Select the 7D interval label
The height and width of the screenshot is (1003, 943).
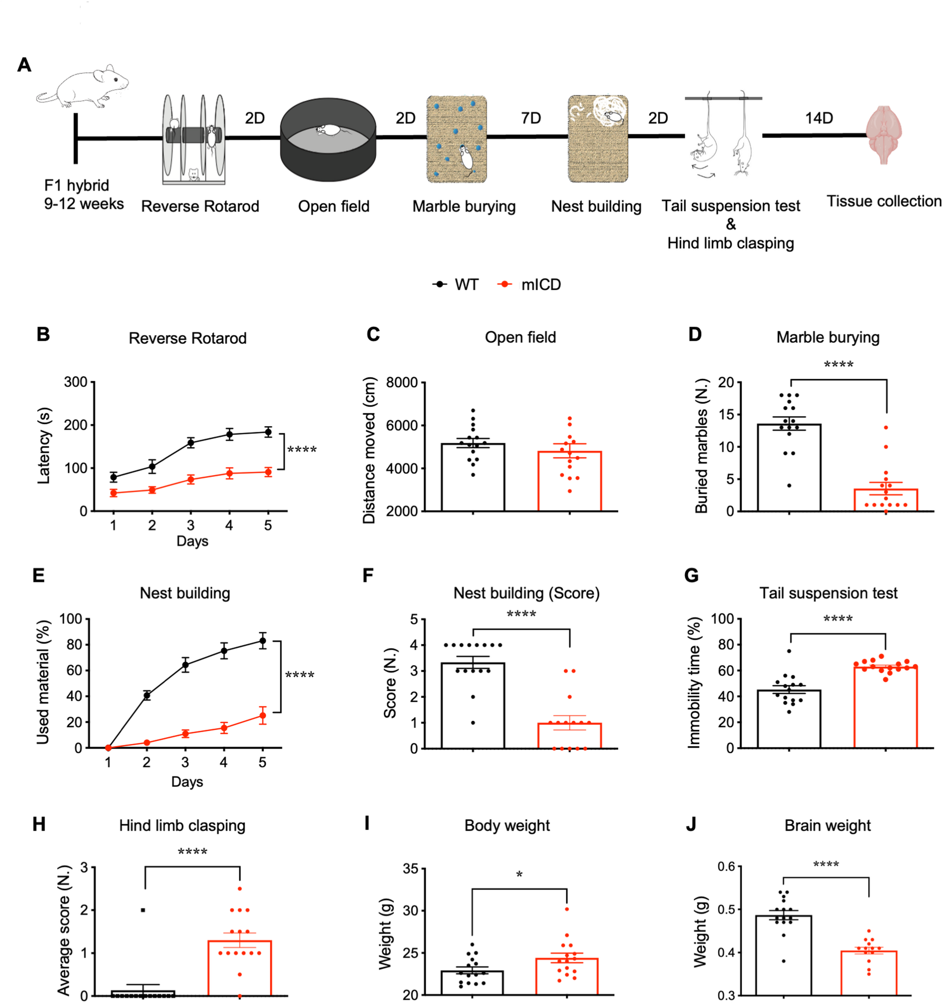tap(531, 118)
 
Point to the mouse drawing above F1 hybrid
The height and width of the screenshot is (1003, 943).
tap(83, 87)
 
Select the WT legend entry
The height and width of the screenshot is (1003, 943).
tap(456, 284)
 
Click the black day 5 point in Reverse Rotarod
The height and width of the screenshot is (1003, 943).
tap(268, 432)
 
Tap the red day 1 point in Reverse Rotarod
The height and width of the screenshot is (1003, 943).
tap(114, 493)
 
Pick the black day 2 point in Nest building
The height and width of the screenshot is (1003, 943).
tap(147, 695)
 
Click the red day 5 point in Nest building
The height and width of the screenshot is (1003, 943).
tap(263, 715)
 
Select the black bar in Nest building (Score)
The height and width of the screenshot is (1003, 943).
tap(473, 706)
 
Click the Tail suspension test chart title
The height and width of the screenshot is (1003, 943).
tap(828, 593)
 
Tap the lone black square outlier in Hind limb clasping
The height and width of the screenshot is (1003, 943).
tap(143, 910)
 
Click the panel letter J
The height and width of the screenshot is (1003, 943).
tap(691, 824)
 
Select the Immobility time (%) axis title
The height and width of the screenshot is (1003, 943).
tap(694, 682)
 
